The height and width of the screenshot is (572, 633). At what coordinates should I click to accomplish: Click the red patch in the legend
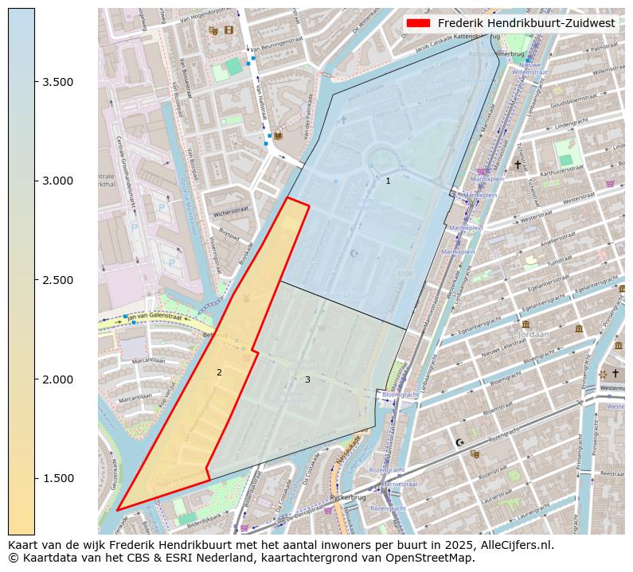pyautogui.click(x=419, y=23)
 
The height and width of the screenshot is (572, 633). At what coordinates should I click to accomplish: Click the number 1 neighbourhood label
pyautogui.click(x=388, y=181)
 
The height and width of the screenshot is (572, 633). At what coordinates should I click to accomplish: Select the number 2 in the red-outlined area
pyautogui.click(x=219, y=372)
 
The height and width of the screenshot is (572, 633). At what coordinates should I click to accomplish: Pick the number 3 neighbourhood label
pyautogui.click(x=307, y=379)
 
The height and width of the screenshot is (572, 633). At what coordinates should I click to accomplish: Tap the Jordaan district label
pyautogui.click(x=533, y=335)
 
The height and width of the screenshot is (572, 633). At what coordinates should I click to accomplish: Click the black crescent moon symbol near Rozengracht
pyautogui.click(x=459, y=442)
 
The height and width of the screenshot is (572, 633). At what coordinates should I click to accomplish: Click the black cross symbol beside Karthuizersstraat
pyautogui.click(x=518, y=165)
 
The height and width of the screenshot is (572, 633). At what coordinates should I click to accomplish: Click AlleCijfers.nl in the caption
pyautogui.click(x=514, y=546)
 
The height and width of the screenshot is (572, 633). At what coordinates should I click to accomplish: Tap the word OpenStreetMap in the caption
pyautogui.click(x=433, y=558)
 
